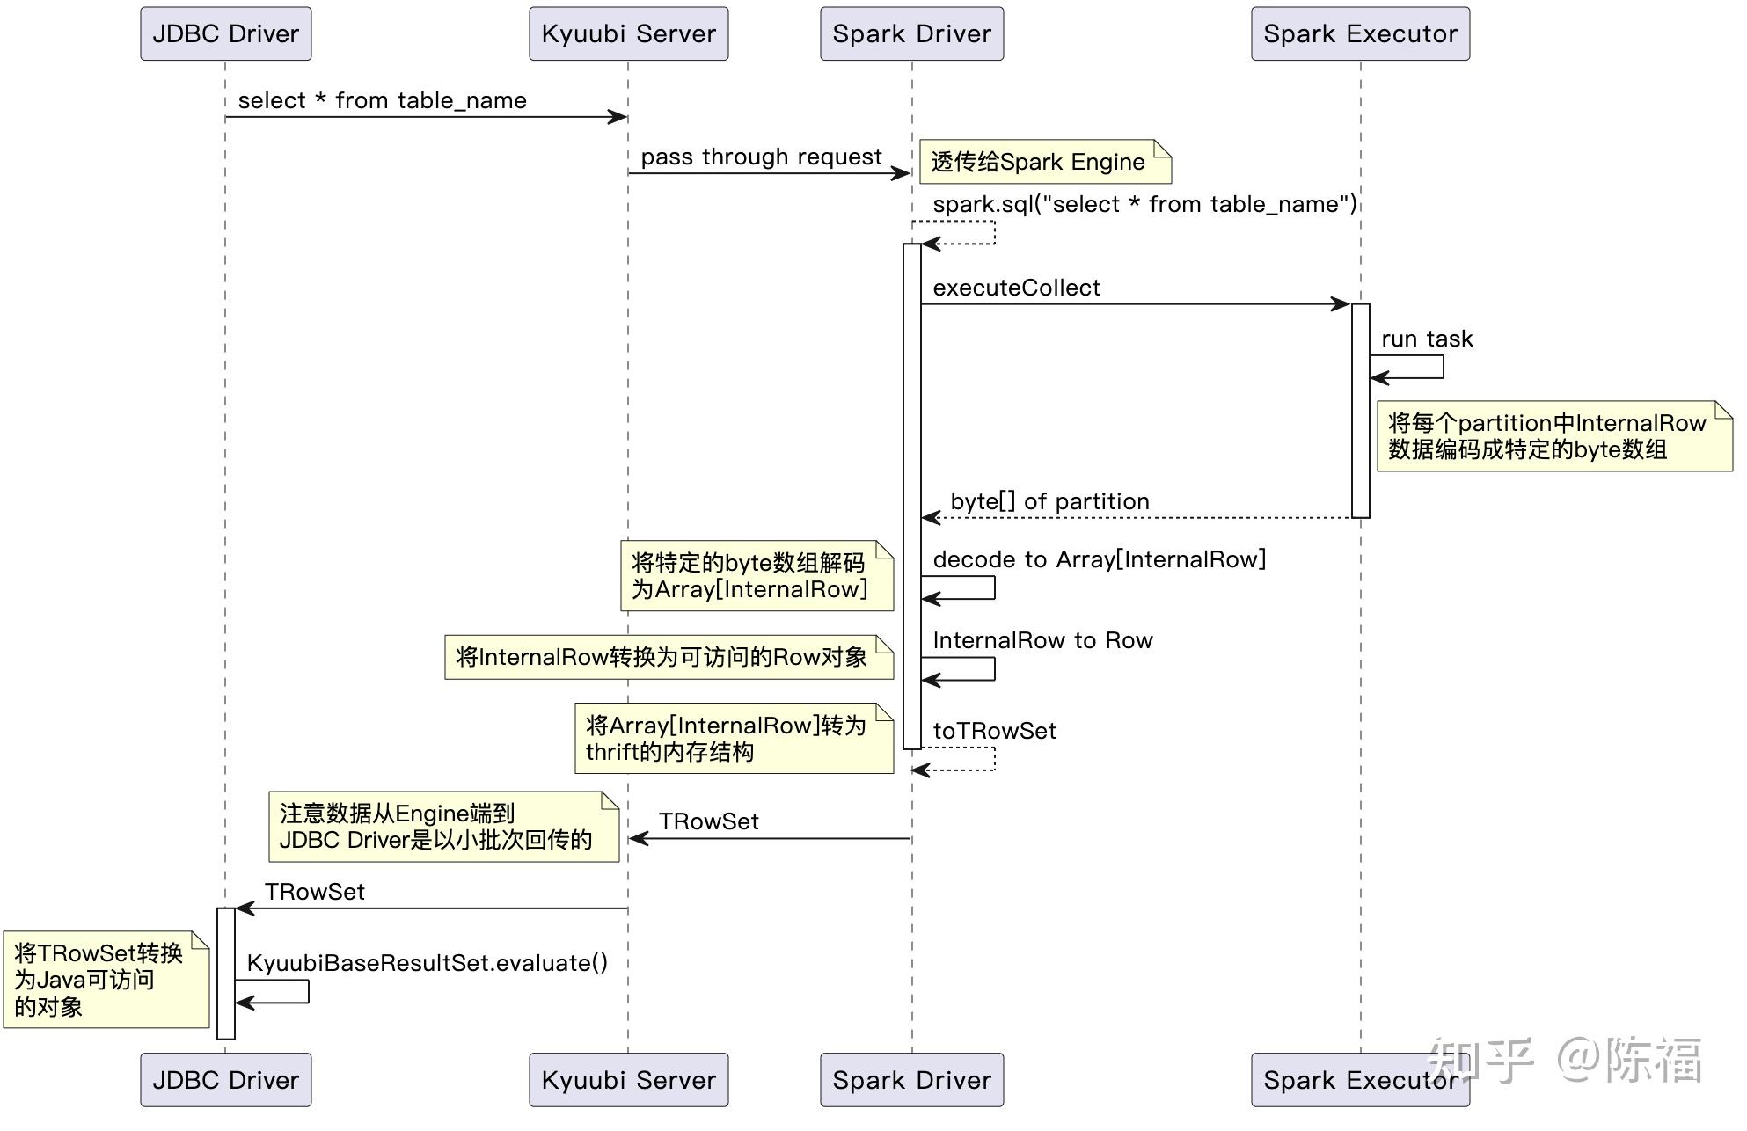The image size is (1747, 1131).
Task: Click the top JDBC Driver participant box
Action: pos(225,33)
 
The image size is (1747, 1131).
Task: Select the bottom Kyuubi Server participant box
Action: pos(628,1079)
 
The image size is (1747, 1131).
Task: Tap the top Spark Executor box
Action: pos(1360,33)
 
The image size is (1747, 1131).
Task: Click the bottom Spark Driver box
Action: pos(911,1079)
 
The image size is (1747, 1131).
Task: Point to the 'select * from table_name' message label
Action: pos(382,100)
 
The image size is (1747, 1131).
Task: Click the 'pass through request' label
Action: pos(761,157)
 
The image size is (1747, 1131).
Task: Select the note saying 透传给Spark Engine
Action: pos(1044,162)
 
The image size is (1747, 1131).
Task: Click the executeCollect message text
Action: pos(1016,288)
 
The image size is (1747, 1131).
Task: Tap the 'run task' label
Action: pos(1426,339)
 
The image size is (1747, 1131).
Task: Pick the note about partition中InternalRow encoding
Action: pos(1553,436)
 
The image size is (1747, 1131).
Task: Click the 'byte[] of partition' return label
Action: pos(1049,501)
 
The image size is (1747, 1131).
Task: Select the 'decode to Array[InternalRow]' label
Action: pos(1099,559)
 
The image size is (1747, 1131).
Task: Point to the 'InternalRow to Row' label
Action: pos(1042,640)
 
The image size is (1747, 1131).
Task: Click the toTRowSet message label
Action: pos(994,731)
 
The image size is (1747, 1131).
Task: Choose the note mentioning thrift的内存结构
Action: pos(733,739)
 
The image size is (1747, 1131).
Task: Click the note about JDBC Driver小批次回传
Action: pos(442,827)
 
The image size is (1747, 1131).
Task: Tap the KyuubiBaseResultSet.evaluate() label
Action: pos(427,963)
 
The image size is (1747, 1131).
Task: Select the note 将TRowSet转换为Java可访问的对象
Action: pos(105,980)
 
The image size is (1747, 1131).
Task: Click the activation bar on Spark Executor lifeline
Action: pos(1360,411)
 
